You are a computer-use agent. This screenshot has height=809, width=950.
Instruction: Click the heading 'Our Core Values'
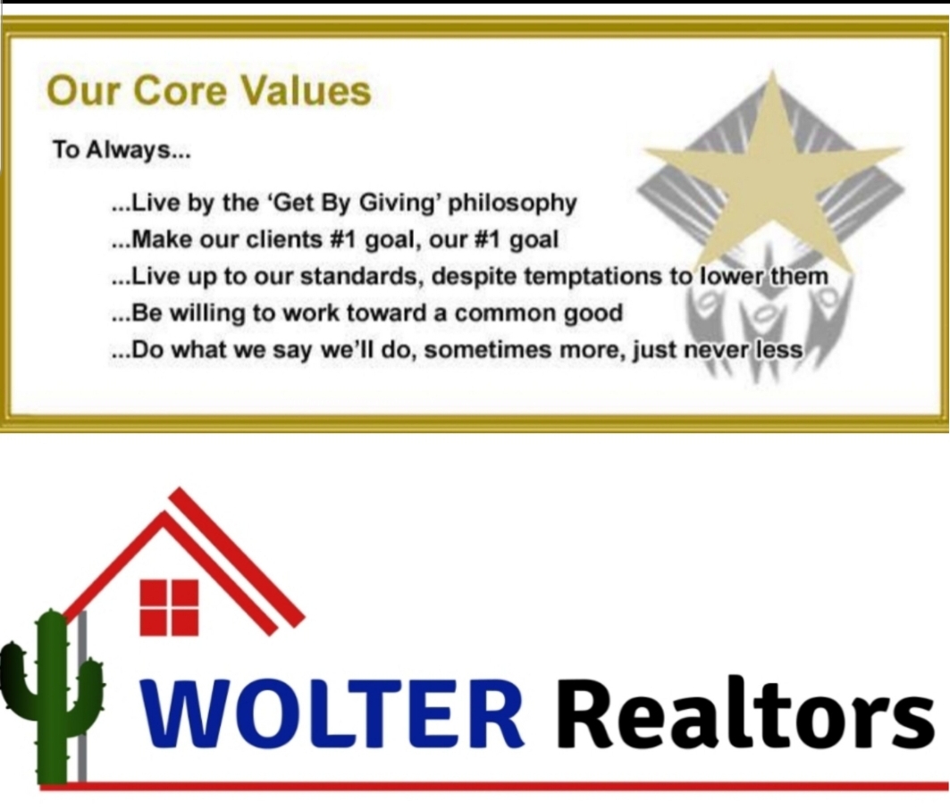pyautogui.click(x=208, y=91)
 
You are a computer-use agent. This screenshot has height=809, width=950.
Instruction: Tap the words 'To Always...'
pyautogui.click(x=122, y=149)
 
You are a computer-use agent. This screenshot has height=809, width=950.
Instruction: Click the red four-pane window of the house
pyautogui.click(x=169, y=607)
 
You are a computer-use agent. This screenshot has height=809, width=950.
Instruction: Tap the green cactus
pyautogui.click(x=52, y=696)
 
